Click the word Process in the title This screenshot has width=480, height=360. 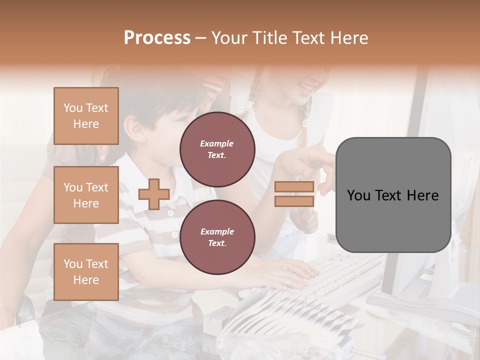[157, 38]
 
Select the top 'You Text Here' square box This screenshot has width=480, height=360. [86, 116]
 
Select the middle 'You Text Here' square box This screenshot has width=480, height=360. [86, 195]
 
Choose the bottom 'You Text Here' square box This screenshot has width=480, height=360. [86, 271]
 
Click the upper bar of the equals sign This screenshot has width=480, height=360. [294, 187]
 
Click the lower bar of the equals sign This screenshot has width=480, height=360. [294, 201]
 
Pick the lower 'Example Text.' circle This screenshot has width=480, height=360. [217, 237]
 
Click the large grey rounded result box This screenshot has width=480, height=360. [393, 195]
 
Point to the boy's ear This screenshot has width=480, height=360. [131, 127]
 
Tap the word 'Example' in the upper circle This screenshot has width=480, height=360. [217, 143]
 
